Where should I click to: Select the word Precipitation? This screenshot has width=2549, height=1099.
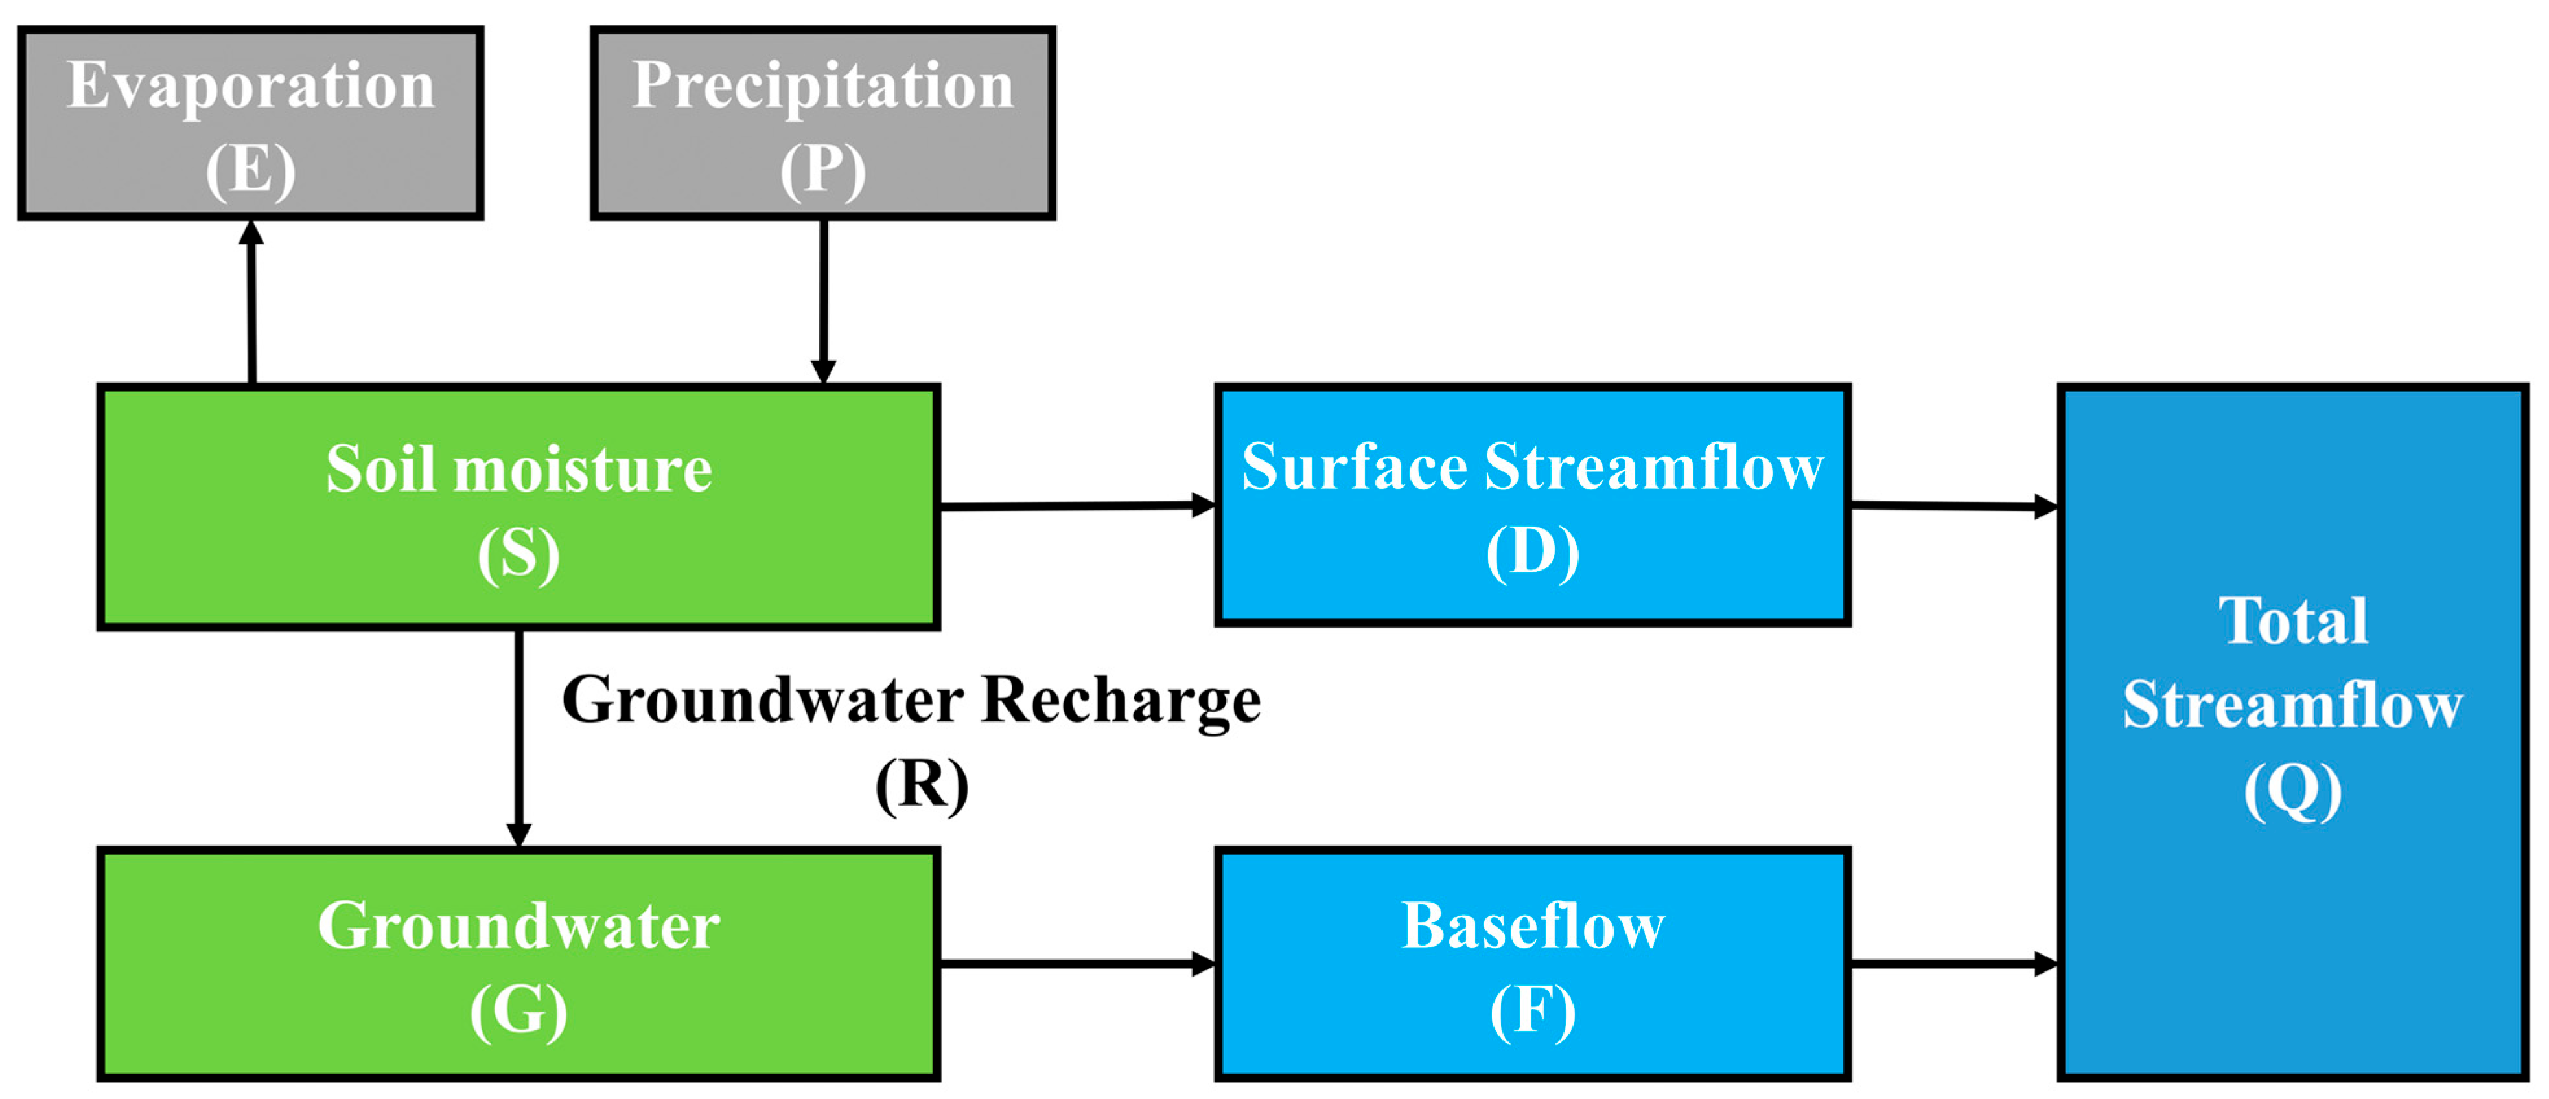(x=822, y=87)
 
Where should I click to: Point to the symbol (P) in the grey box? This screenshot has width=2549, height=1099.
(x=822, y=170)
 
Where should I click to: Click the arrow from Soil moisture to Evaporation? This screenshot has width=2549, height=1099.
(x=251, y=302)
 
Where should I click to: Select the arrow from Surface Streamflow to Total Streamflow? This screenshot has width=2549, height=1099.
(x=1953, y=506)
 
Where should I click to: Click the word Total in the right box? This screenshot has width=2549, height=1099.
(x=2293, y=621)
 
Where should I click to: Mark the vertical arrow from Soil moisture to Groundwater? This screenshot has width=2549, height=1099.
(x=518, y=737)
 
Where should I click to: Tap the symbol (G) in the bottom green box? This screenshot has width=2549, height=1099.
(x=518, y=1012)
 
